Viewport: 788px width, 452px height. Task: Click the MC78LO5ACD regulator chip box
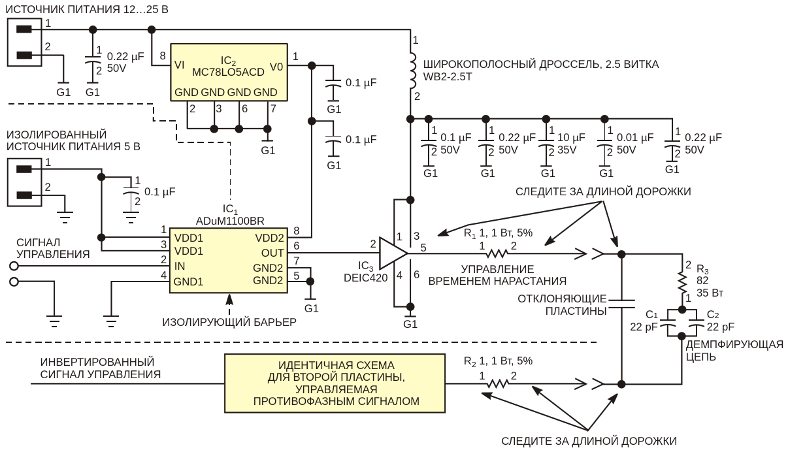229,72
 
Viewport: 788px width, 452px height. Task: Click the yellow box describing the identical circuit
336,382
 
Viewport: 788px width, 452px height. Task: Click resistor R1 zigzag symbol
497,253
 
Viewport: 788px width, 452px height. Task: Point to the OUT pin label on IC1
272,253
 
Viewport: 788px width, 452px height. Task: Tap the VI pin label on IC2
179,65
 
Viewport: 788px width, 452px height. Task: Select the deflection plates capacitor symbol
621,302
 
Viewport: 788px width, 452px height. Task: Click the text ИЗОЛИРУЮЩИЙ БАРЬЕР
229,321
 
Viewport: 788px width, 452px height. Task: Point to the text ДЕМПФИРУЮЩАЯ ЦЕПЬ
733,351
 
